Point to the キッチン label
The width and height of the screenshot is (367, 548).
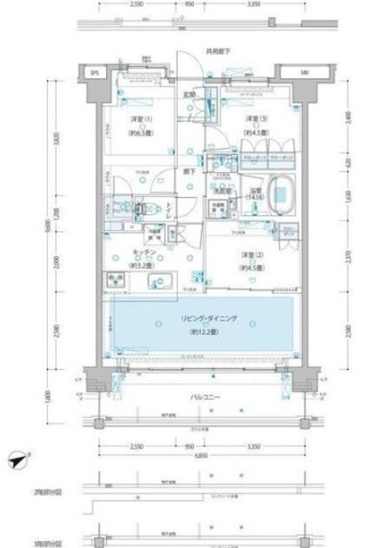[143, 253]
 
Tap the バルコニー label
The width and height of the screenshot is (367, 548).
[204, 399]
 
